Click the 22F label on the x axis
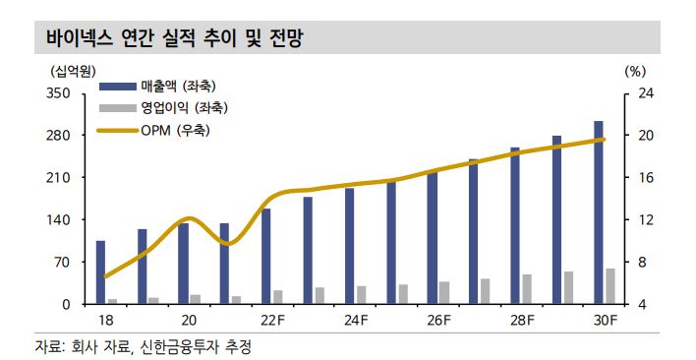pyautogui.click(x=272, y=320)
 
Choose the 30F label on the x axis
pyautogui.click(x=605, y=320)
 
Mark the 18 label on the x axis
pyautogui.click(x=106, y=320)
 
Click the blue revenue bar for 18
pyautogui.click(x=100, y=272)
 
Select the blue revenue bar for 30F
pyautogui.click(x=599, y=212)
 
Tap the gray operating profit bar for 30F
pyautogui.click(x=610, y=286)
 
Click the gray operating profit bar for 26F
pyautogui.click(x=444, y=293)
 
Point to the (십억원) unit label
pyautogui.click(x=66, y=71)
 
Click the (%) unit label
pyautogui.click(x=634, y=71)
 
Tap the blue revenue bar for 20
pyautogui.click(x=183, y=264)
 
